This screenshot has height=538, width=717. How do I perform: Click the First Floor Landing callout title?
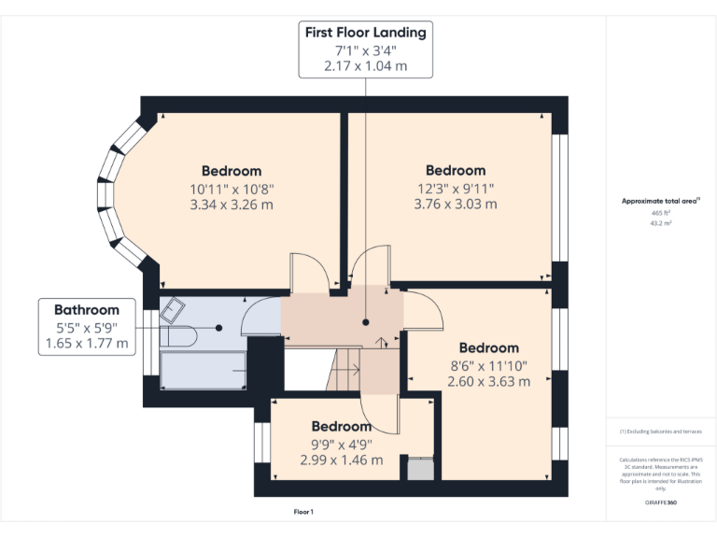pyautogui.click(x=365, y=33)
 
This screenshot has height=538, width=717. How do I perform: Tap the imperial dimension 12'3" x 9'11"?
pyautogui.click(x=455, y=187)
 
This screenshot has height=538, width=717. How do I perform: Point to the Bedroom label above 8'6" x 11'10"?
pyautogui.click(x=488, y=347)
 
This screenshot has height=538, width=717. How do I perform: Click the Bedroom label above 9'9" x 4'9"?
pyautogui.click(x=341, y=426)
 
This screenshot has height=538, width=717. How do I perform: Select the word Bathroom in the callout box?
pyautogui.click(x=87, y=310)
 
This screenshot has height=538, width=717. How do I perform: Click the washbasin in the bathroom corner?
pyautogui.click(x=173, y=309)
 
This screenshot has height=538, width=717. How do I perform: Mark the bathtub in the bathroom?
pyautogui.click(x=203, y=369)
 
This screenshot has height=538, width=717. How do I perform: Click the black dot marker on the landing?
pyautogui.click(x=366, y=322)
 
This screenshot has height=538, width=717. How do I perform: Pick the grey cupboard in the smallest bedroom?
pyautogui.click(x=421, y=468)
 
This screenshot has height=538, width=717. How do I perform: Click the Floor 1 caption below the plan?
pyautogui.click(x=303, y=512)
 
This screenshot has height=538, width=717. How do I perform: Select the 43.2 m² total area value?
pyautogui.click(x=661, y=222)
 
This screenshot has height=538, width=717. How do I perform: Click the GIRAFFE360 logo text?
pyautogui.click(x=660, y=503)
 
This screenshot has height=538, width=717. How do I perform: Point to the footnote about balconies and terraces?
pyautogui.click(x=660, y=431)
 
